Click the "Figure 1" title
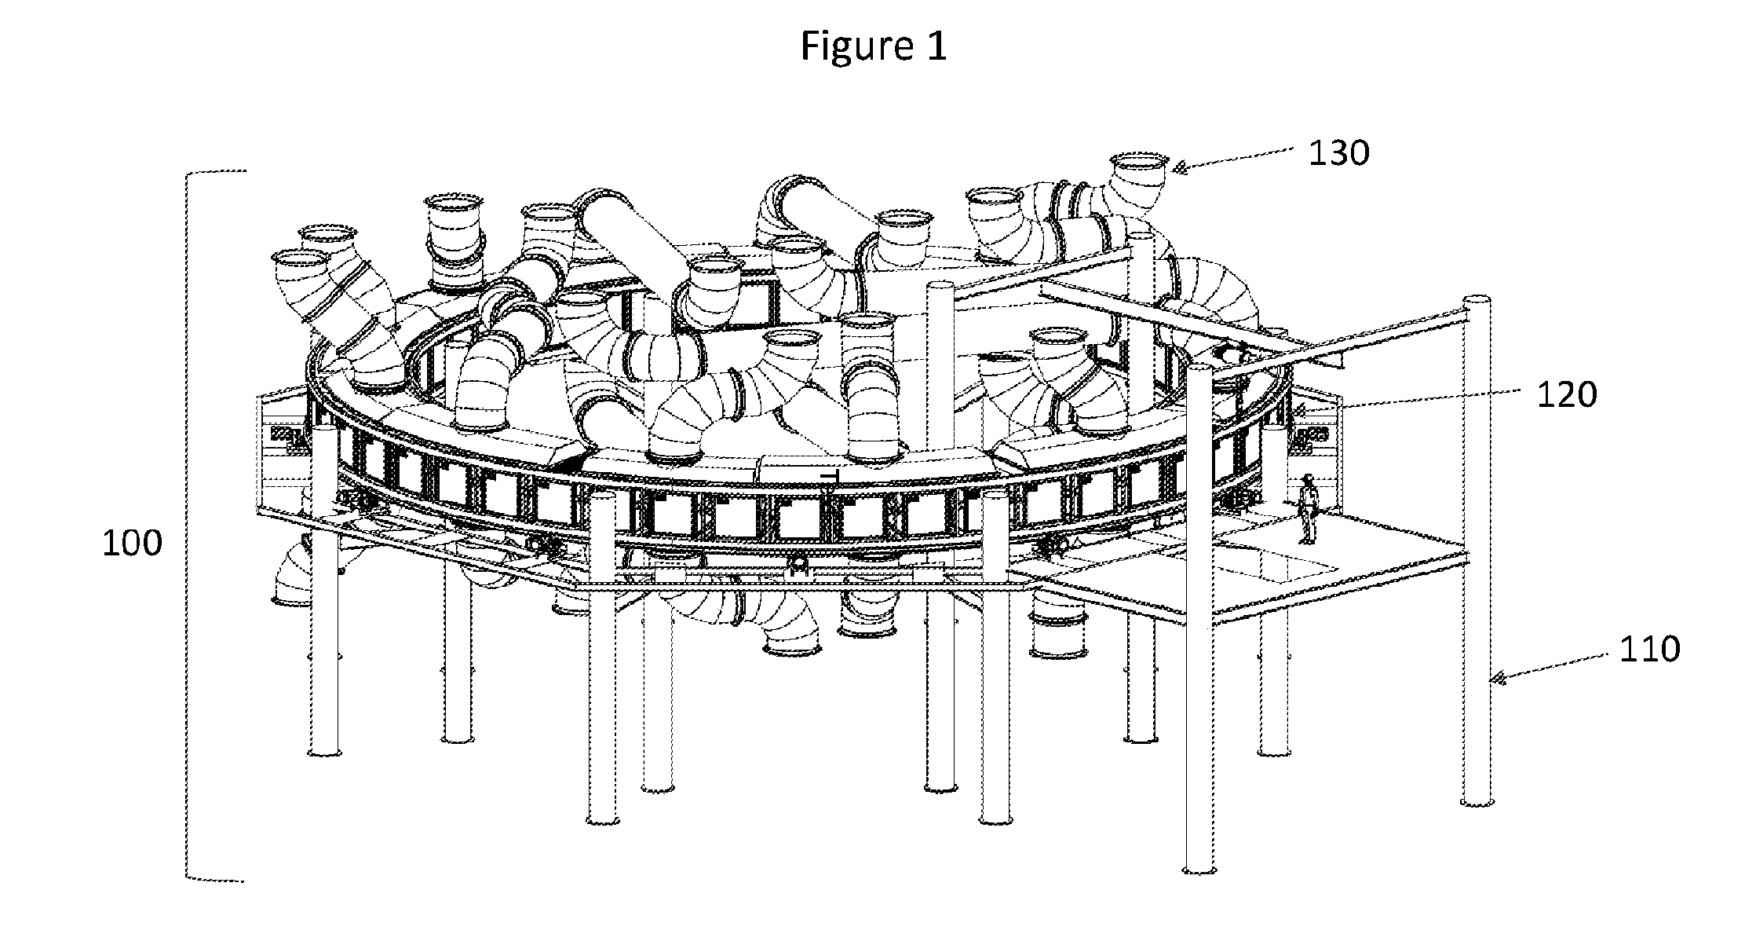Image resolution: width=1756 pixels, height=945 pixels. [874, 46]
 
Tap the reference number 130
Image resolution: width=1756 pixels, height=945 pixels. [1338, 153]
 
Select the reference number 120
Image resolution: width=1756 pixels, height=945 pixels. [1566, 395]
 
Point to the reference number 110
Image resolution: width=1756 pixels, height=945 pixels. [1649, 650]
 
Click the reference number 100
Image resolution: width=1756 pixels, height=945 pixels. [133, 544]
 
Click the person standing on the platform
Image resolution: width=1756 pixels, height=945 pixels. [1307, 508]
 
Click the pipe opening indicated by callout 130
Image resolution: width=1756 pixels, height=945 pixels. [1137, 163]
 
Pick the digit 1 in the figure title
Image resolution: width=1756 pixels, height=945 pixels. [937, 46]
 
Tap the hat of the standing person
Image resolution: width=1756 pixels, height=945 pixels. [1308, 477]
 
